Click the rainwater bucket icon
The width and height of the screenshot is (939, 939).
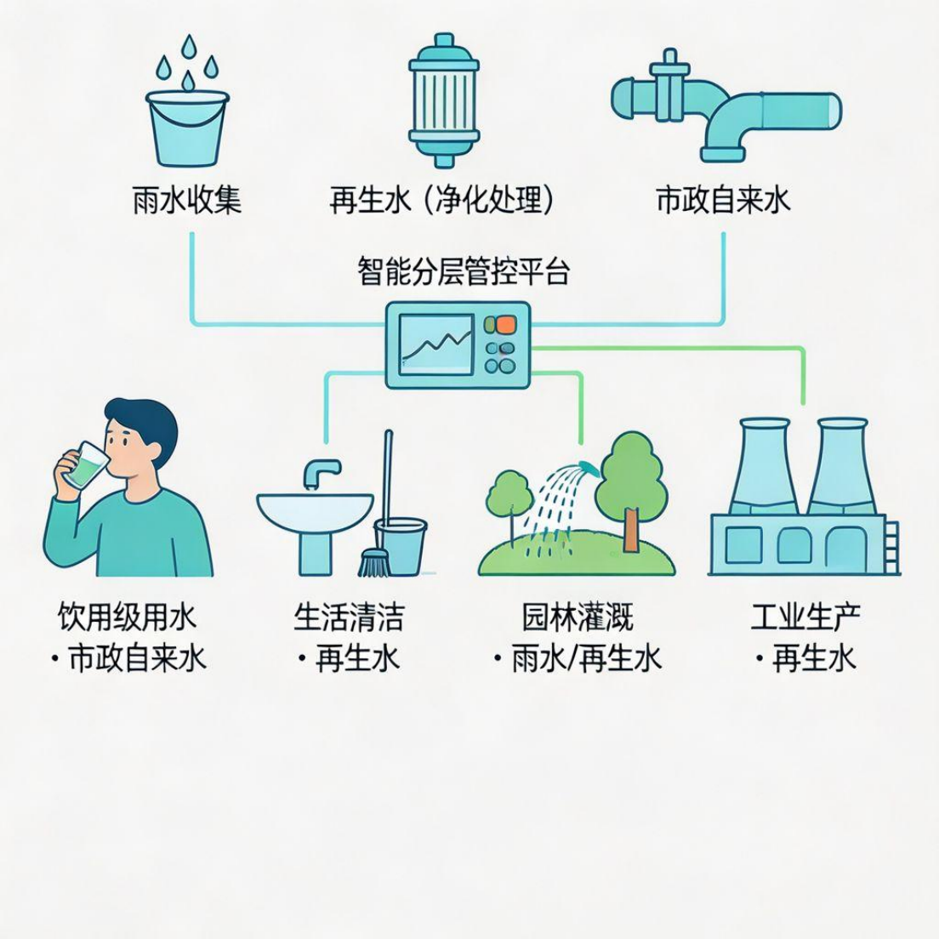(187, 128)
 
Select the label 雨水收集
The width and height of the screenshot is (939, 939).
(187, 200)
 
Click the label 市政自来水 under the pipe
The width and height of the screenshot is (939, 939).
(724, 200)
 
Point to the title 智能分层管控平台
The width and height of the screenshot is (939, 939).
(464, 273)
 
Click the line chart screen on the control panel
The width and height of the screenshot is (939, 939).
(436, 344)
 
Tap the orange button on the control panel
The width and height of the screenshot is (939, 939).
(504, 324)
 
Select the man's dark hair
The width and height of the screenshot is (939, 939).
(145, 420)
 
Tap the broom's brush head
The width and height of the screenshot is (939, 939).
(373, 562)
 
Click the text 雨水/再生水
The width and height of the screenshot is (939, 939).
(587, 658)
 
